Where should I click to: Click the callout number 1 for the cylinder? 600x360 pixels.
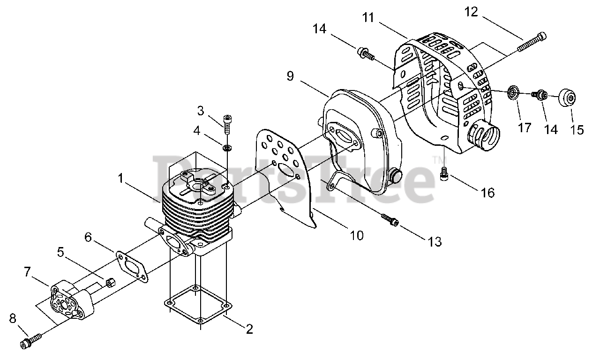(121, 179)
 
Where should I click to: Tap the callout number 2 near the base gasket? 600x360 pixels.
(249, 329)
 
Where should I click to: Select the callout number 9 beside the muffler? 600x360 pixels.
(290, 76)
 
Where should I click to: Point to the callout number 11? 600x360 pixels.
(368, 18)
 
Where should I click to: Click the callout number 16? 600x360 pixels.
(488, 193)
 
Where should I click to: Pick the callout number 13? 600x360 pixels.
(435, 242)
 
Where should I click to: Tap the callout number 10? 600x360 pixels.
(357, 235)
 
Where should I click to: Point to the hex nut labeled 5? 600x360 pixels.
(111, 282)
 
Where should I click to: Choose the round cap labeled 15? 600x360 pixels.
(567, 98)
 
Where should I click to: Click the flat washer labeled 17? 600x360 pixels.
(513, 93)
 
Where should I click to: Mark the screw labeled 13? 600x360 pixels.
(390, 220)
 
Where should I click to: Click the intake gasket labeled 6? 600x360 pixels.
(132, 267)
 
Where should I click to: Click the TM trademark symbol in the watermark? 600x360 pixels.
(438, 160)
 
